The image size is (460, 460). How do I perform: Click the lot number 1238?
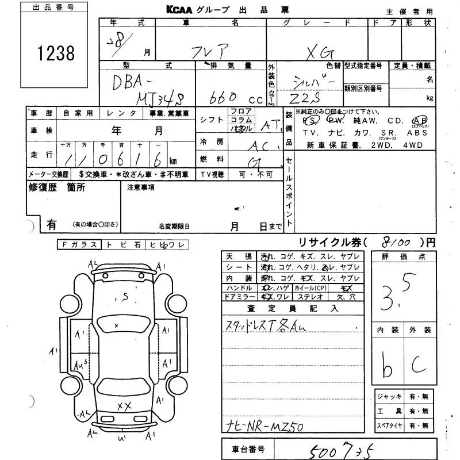coord(56,53)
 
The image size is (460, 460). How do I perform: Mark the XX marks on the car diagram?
coord(124,407)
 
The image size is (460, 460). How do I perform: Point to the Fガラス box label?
coord(79,244)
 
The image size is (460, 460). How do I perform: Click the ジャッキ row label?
coord(386,397)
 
